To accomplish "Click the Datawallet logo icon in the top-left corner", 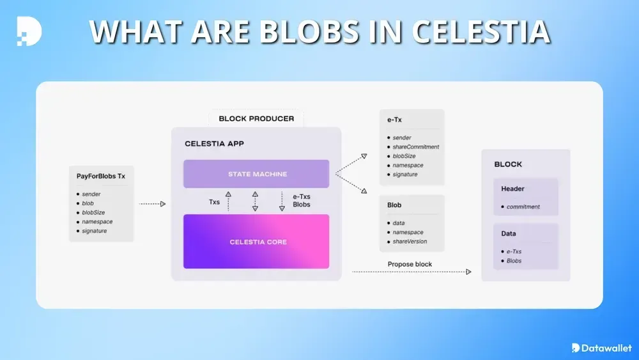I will pyautogui.click(x=29, y=31).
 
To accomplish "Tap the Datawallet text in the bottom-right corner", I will pyautogui.click(x=607, y=348).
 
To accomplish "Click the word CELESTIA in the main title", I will pyautogui.click(x=479, y=31).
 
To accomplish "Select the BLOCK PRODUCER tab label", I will pyautogui.click(x=256, y=118).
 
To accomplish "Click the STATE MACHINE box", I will pyautogui.click(x=256, y=174).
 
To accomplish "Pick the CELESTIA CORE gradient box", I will pyautogui.click(x=256, y=242).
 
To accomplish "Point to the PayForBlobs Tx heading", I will pyautogui.click(x=100, y=176).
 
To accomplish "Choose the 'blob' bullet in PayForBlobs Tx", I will pyautogui.click(x=88, y=203).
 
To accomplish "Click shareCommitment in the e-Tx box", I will pyautogui.click(x=416, y=147).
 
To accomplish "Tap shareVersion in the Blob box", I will pyautogui.click(x=410, y=242).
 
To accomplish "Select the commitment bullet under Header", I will pyautogui.click(x=523, y=207).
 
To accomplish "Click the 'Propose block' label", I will pyautogui.click(x=410, y=264).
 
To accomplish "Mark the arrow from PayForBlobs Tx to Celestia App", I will pyautogui.click(x=152, y=204).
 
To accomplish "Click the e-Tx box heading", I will pyautogui.click(x=394, y=119).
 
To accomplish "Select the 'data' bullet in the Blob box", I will pyautogui.click(x=399, y=223).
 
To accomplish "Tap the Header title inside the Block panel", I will pyautogui.click(x=512, y=189).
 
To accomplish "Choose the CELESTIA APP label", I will pyautogui.click(x=214, y=144).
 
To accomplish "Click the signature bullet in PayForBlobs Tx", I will pyautogui.click(x=94, y=231).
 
